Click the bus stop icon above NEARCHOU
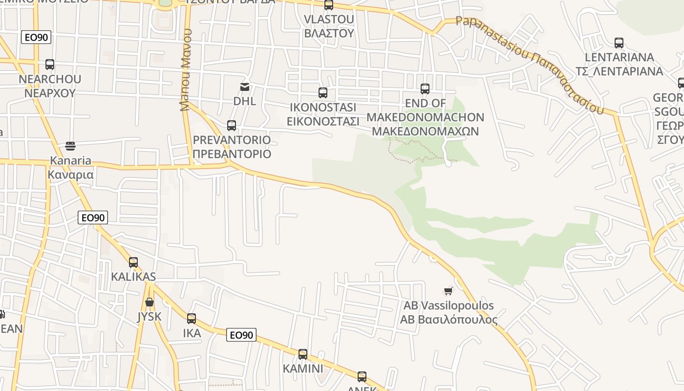point(50,65)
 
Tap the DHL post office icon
point(244,87)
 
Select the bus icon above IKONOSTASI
point(322,93)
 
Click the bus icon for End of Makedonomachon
point(425,89)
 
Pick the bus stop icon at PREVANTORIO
point(232,126)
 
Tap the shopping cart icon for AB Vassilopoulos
point(448,291)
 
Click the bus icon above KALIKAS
point(133,262)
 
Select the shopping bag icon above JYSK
point(150,302)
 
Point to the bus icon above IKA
point(192,319)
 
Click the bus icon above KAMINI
point(303,354)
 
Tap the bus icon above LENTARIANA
point(619,43)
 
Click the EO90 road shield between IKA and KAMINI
point(241,335)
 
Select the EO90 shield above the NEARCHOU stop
point(36,37)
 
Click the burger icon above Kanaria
point(70,146)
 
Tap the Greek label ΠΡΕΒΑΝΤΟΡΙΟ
point(232,154)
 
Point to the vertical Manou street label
point(185,70)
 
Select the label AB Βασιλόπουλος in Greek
point(449,320)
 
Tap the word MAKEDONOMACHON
point(425,117)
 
